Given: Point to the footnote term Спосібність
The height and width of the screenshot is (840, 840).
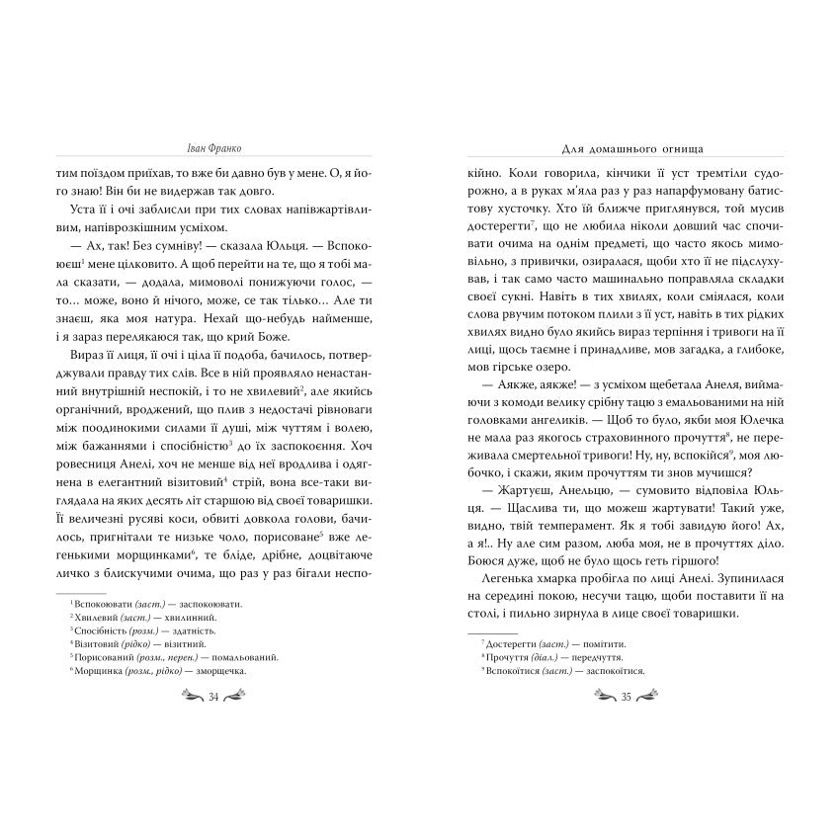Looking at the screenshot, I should click(106, 630).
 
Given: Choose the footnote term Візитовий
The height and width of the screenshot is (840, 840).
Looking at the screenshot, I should click(102, 643).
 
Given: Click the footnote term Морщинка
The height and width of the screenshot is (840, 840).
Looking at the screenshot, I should click(104, 670).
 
